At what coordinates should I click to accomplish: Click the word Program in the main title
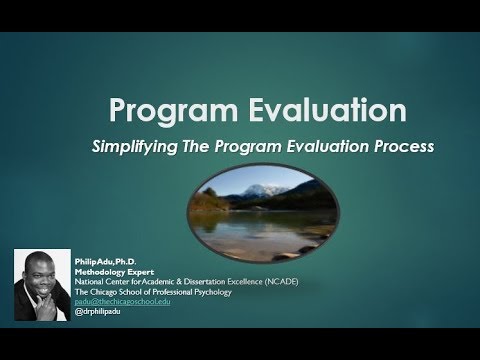coord(159,109)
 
